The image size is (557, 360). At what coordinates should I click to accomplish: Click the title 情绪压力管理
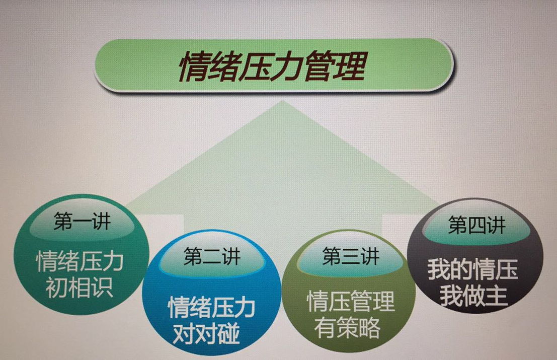(272, 66)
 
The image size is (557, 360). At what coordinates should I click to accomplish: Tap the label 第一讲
(82, 221)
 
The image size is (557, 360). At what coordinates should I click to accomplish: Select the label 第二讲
(212, 256)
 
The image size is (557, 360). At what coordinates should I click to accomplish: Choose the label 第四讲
(476, 225)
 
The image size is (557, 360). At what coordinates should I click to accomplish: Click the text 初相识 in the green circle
(79, 287)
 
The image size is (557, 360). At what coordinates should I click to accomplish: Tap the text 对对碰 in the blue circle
(206, 333)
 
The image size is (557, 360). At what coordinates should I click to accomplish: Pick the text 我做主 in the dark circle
(473, 296)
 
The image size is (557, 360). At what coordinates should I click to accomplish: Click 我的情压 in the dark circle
(473, 269)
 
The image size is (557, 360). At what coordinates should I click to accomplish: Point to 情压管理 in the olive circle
(351, 301)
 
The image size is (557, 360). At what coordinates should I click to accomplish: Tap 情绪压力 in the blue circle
(212, 307)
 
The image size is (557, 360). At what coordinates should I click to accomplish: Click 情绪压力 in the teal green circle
(80, 261)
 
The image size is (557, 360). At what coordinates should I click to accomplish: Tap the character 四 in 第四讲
(476, 225)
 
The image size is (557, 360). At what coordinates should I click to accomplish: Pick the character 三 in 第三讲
(350, 256)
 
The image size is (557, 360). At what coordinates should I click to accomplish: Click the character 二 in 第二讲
(212, 257)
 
